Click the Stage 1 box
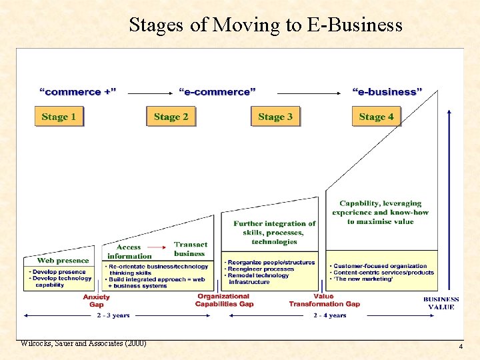point(59,117)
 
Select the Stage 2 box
point(171,117)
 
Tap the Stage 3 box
point(275,117)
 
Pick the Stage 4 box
point(376,117)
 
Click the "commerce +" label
point(78,91)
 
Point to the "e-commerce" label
point(217,91)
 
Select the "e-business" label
point(387,91)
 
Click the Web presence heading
point(63,261)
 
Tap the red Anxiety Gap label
point(97,301)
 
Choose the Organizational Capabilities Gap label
point(224,300)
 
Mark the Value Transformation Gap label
point(324,300)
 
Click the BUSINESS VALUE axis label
point(441,303)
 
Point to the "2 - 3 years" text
point(113,315)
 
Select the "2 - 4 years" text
point(330,315)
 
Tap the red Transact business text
point(190,249)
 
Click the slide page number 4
point(460,347)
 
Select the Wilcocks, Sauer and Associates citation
point(83,343)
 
